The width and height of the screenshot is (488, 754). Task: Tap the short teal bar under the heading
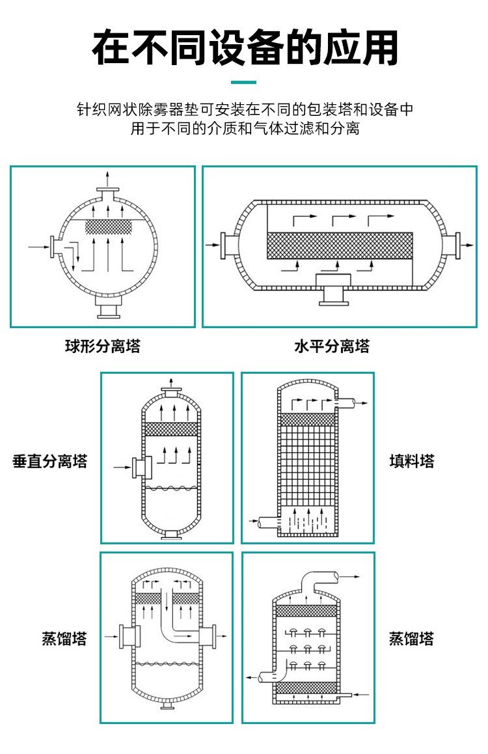tap(244, 82)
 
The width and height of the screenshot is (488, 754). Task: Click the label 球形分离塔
tap(102, 346)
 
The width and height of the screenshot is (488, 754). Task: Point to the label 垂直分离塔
tap(49, 462)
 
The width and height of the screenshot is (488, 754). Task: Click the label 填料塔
tap(412, 462)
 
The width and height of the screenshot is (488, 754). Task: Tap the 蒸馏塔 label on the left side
tap(64, 638)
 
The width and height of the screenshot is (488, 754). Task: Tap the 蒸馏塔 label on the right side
tap(412, 638)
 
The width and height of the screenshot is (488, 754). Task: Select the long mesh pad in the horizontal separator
tap(340, 245)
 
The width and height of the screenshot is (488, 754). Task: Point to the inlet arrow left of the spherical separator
tap(38, 246)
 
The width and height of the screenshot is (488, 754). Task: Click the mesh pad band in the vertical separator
tap(170, 429)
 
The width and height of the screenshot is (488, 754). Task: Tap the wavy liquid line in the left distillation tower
tap(170, 665)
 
